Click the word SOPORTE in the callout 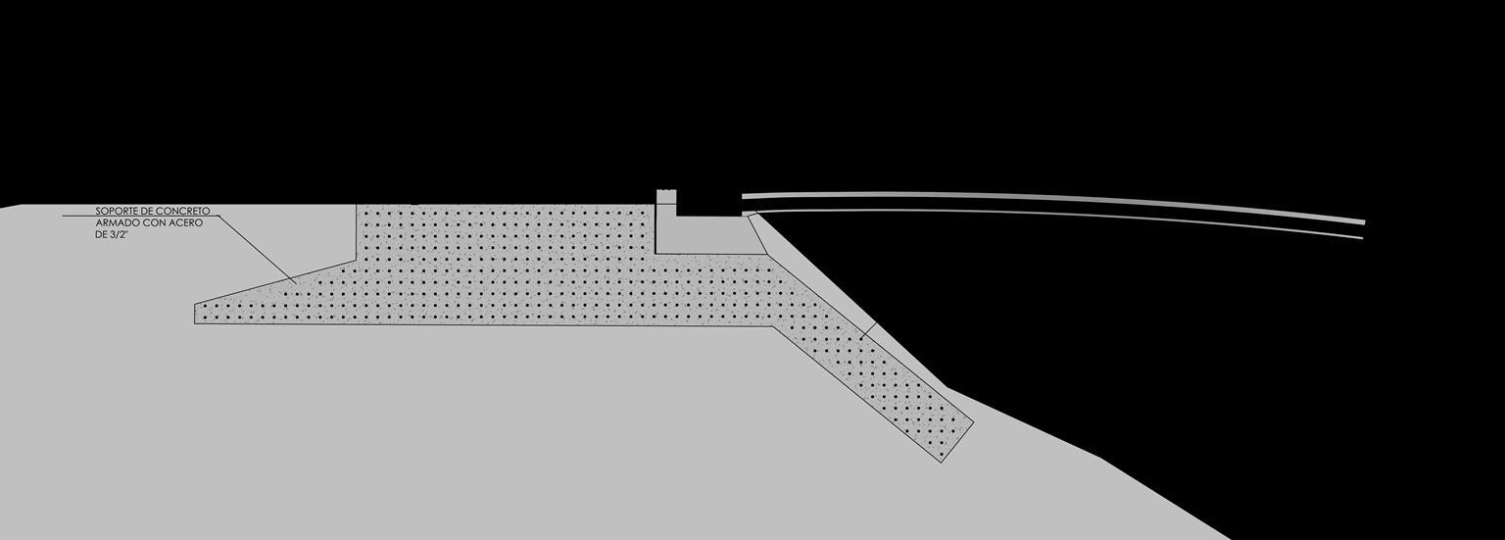click(x=114, y=211)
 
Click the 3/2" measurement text click(x=120, y=235)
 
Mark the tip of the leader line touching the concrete click(x=295, y=283)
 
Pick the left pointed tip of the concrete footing click(x=196, y=305)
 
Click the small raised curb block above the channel click(x=666, y=195)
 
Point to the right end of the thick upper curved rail click(x=1364, y=221)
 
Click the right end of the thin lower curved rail click(x=1362, y=237)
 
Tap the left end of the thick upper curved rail click(x=744, y=196)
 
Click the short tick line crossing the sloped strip click(x=867, y=331)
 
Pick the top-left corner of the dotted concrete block click(x=357, y=206)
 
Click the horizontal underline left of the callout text click(x=78, y=216)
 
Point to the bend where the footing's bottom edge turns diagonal click(x=774, y=325)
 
